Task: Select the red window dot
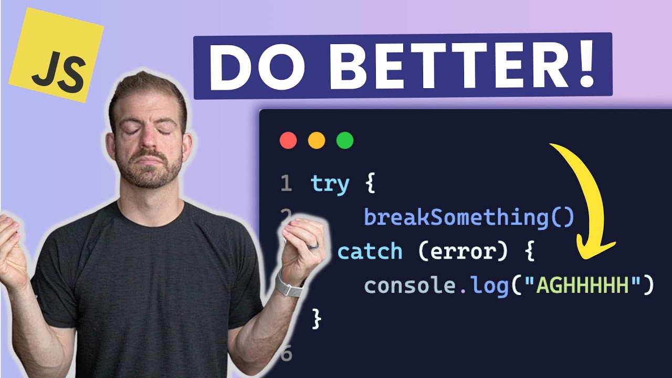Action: coord(288,141)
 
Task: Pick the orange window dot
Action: coord(317,141)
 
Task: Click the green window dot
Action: coord(345,141)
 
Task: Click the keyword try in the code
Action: coord(330,184)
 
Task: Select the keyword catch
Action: coord(370,251)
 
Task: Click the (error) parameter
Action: coord(464,251)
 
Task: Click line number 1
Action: coord(286,184)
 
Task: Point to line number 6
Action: coord(286,354)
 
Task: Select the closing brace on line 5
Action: coord(316,319)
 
